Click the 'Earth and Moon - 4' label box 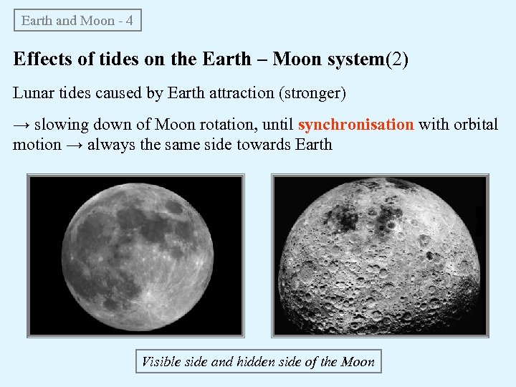click(x=77, y=20)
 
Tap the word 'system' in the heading click(x=355, y=59)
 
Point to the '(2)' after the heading click(x=397, y=59)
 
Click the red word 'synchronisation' click(x=355, y=125)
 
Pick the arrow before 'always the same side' click(x=75, y=145)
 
